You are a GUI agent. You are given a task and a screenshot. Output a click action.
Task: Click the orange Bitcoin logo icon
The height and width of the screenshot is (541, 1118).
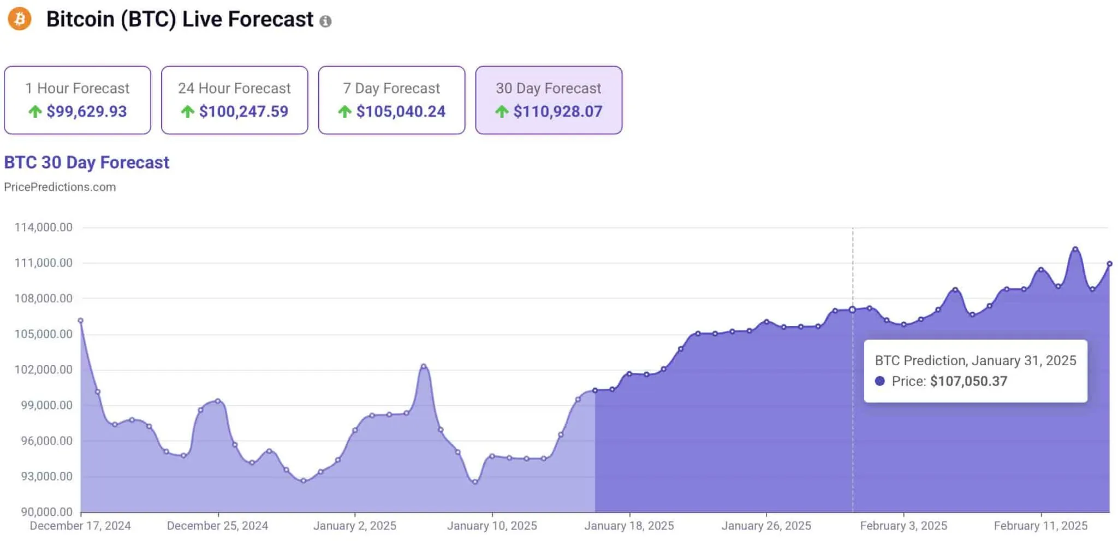(19, 19)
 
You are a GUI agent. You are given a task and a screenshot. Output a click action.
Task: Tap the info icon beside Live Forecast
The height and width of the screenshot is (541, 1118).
(325, 21)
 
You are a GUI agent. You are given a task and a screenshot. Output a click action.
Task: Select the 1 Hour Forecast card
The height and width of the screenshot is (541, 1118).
(78, 100)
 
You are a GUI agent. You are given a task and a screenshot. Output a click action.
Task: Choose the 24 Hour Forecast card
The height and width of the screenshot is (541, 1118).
(235, 100)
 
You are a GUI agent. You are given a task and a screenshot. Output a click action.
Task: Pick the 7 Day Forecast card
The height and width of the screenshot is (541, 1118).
(391, 100)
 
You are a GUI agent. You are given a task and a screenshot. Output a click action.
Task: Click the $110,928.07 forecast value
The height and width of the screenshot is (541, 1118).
(557, 112)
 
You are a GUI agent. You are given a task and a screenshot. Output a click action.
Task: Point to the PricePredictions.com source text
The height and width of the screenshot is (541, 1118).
(60, 187)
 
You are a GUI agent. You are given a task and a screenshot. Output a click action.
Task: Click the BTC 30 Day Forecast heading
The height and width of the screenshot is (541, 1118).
(87, 163)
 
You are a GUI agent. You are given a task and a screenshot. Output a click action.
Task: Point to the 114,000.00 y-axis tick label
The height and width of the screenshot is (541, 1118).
(44, 228)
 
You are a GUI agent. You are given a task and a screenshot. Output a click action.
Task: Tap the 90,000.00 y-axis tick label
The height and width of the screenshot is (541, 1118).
(46, 512)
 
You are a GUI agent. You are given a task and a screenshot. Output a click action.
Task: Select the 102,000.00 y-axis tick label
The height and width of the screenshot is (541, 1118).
(44, 370)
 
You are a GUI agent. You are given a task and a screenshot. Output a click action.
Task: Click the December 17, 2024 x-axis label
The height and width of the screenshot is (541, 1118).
(80, 526)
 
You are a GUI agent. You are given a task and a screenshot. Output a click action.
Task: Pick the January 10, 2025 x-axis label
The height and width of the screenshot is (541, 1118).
(492, 526)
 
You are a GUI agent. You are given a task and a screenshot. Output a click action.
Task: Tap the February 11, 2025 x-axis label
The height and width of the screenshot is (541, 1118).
(1040, 526)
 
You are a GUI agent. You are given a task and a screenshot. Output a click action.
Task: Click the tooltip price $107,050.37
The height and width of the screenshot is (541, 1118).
(968, 381)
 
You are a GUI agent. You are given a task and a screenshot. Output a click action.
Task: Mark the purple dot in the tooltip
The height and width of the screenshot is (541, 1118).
(879, 381)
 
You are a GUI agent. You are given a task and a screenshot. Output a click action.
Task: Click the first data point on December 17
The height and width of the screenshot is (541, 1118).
(81, 320)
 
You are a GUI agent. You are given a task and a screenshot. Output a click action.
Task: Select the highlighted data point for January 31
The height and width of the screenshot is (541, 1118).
(852, 310)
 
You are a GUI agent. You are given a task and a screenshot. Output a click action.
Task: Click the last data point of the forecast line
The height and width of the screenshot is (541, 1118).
(1109, 264)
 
